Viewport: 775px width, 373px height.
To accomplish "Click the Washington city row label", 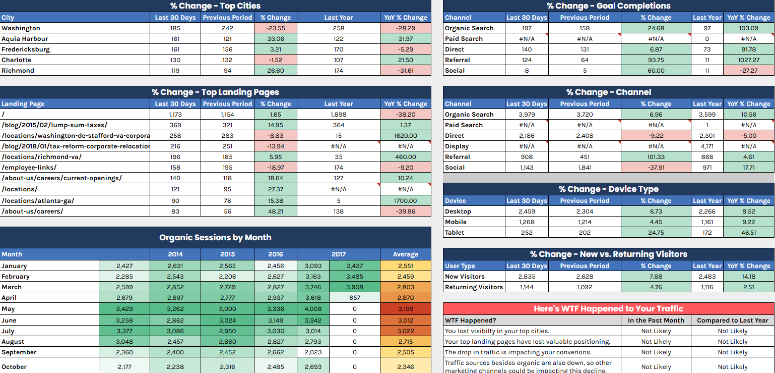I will [x=21, y=28].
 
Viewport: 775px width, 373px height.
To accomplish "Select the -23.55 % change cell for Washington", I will [x=276, y=28].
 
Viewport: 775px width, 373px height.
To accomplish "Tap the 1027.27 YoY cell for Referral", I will [x=748, y=60].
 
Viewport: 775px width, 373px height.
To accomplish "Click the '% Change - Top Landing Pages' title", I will [x=215, y=92].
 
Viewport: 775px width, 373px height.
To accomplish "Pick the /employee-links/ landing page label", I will [x=29, y=168].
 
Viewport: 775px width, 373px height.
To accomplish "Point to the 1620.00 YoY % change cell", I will [x=406, y=136].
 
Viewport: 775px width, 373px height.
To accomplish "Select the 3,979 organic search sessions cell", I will [x=527, y=115].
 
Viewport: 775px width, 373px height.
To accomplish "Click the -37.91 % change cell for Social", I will [x=656, y=168].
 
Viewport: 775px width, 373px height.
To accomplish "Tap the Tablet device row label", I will [x=455, y=233].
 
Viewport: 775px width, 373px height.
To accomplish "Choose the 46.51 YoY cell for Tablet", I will [x=748, y=233].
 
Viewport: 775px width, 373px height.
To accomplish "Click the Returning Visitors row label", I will [x=474, y=287].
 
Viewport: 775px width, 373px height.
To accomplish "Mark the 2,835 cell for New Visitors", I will [x=527, y=277].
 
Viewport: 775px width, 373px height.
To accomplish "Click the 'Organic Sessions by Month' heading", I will [x=215, y=238].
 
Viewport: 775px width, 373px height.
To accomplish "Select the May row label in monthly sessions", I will [x=8, y=309].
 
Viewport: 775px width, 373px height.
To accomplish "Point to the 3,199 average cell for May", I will [x=405, y=309].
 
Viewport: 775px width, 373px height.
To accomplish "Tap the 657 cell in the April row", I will [x=354, y=298].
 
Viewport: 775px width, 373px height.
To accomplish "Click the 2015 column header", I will [x=227, y=254].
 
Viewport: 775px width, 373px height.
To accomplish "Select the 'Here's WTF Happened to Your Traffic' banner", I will [x=608, y=309].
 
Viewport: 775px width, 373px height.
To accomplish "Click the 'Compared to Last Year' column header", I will [x=732, y=321].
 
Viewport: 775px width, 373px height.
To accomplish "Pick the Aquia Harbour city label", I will [x=25, y=39].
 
